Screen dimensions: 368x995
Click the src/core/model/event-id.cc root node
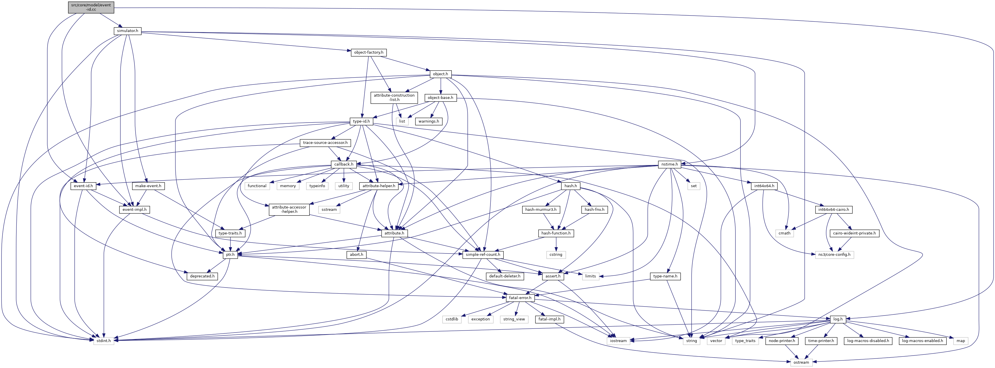[x=91, y=7]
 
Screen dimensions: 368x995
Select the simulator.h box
[x=128, y=31]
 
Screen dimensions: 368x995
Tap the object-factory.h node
[x=368, y=52]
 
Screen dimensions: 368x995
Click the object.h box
[x=440, y=74]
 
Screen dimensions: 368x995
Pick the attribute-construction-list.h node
[x=394, y=97]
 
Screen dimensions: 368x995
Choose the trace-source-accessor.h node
[x=325, y=143]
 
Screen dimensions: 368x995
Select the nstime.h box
[x=669, y=164]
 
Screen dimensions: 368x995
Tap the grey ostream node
[x=801, y=363]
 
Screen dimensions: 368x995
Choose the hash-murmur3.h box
[x=541, y=210]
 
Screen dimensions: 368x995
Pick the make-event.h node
[x=148, y=186]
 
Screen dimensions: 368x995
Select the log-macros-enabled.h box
[x=922, y=341]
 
